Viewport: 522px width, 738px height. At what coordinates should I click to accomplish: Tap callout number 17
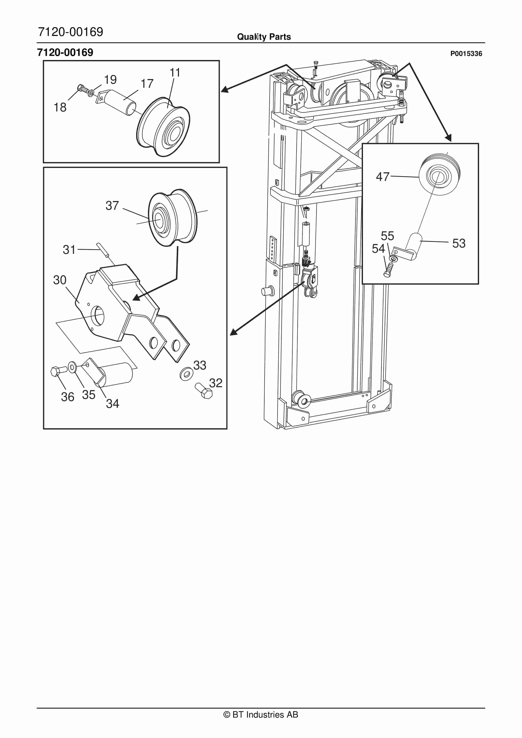tap(147, 84)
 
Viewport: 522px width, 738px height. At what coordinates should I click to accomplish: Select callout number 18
tap(60, 107)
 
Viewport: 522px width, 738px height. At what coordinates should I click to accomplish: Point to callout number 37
tap(112, 206)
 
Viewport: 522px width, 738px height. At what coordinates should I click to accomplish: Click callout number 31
tap(69, 250)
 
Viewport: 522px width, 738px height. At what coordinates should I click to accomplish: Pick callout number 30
tap(60, 280)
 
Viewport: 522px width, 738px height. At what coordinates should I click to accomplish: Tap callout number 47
tap(383, 177)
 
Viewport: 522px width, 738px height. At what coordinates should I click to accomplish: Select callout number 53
tap(459, 243)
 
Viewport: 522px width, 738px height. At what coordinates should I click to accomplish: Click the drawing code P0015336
tap(466, 54)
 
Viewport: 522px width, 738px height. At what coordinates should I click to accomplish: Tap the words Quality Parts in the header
tap(264, 37)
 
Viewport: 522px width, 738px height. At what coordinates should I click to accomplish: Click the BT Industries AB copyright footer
tap(261, 715)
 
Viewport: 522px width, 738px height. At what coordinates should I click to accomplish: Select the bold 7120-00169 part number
tap(65, 52)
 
